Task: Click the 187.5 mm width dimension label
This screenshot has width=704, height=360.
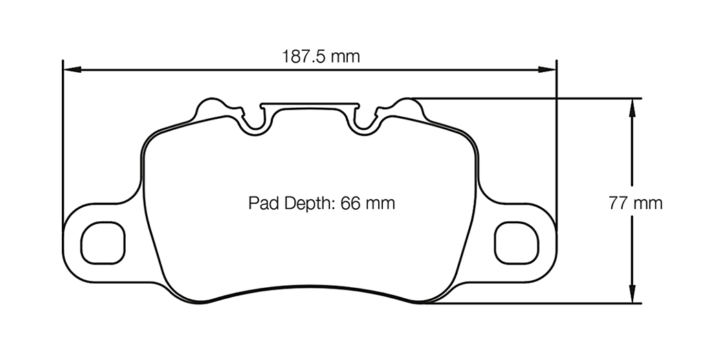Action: coord(320,56)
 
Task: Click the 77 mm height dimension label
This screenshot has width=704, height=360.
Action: coord(635,203)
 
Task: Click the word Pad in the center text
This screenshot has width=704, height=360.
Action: coord(261,204)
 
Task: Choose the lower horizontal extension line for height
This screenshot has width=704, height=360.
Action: coord(536,303)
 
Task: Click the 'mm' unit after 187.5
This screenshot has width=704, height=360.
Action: coord(345,56)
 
